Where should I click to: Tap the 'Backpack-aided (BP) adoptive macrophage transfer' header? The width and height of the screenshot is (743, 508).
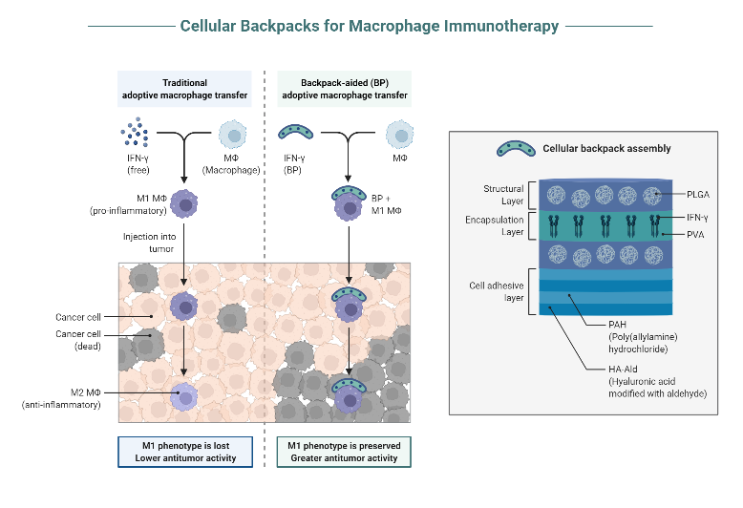click(x=344, y=89)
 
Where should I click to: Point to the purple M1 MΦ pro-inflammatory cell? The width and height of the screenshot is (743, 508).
click(x=183, y=201)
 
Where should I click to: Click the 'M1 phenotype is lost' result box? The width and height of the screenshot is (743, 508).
click(x=183, y=452)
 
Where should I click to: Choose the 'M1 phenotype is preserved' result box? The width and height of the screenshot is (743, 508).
click(x=344, y=452)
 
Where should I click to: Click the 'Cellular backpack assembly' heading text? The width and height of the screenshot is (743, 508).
click(x=605, y=148)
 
